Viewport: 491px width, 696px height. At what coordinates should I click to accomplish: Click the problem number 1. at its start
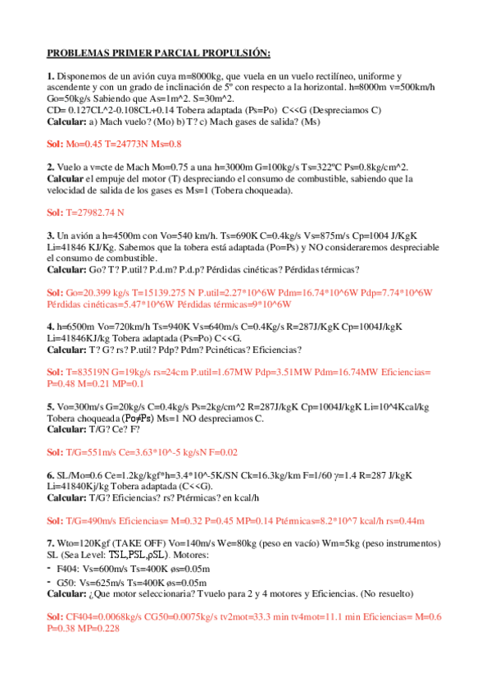pos(50,76)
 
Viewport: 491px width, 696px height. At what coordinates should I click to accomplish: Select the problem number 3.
pos(50,235)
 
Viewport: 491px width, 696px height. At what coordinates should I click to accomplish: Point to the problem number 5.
pos(50,405)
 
